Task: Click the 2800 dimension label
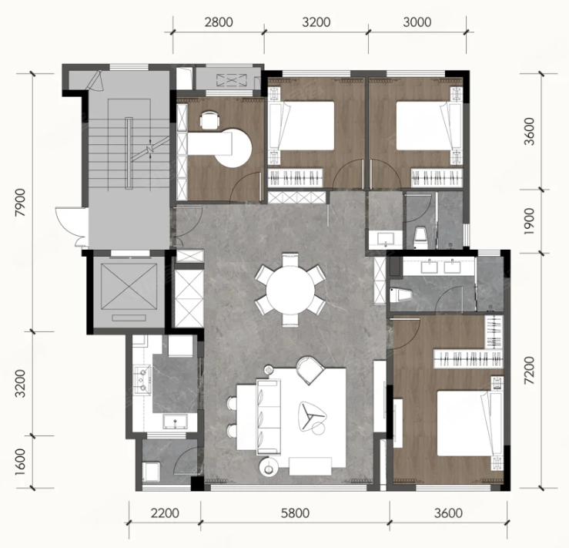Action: tap(219, 22)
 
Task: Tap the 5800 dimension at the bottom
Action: tap(296, 513)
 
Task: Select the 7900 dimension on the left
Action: tap(21, 202)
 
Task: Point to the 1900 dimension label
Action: tap(530, 221)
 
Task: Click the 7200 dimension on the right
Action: tap(530, 371)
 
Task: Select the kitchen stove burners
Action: tap(142, 379)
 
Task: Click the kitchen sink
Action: tap(176, 422)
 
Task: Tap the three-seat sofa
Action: tap(269, 417)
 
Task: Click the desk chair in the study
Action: tap(209, 119)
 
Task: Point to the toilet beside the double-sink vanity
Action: tap(400, 294)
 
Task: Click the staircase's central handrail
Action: tap(129, 153)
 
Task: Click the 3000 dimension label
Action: tap(417, 22)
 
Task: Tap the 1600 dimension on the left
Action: tap(21, 462)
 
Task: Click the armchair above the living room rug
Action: tap(310, 370)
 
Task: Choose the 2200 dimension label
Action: tap(165, 513)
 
